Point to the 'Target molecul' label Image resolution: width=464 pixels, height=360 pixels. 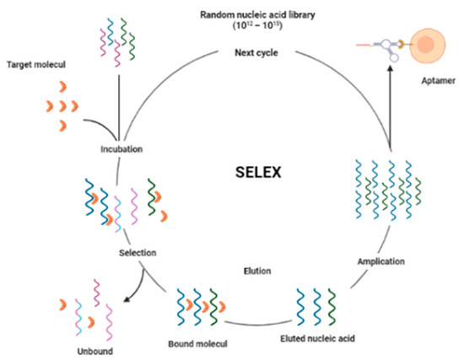click(x=34, y=64)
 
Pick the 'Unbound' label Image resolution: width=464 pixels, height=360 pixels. click(x=84, y=346)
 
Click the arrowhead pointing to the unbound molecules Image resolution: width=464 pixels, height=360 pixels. click(x=127, y=297)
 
